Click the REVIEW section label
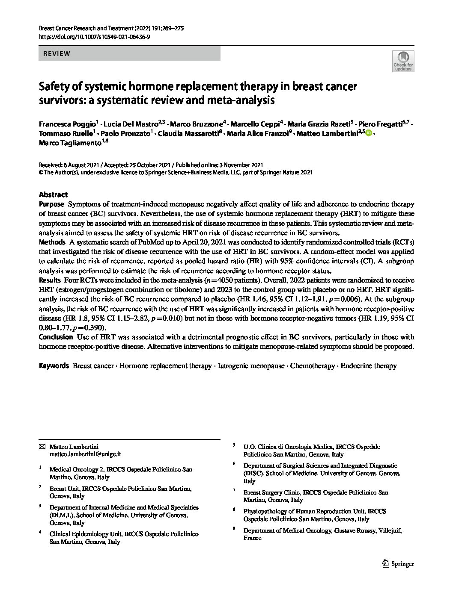click(x=54, y=54)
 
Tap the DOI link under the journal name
click(x=94, y=37)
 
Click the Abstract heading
click(x=53, y=194)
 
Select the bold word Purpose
click(x=51, y=204)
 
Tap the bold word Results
click(x=50, y=280)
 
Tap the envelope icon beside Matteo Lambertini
click(x=42, y=446)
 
